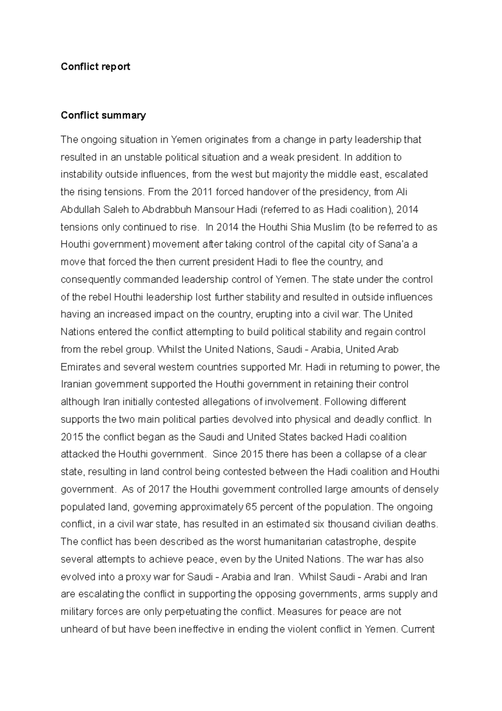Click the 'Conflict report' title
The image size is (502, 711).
95,67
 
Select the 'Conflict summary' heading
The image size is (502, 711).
103,115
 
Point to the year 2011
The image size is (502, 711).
202,192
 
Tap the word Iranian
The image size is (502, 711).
75,384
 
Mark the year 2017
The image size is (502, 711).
159,489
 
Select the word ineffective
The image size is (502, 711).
201,629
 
